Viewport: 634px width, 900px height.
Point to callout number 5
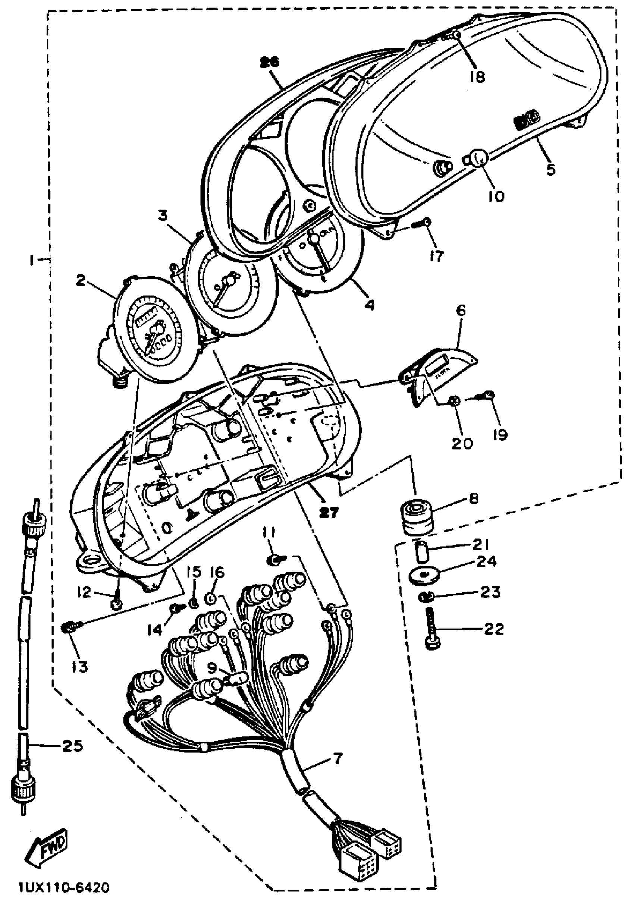coord(550,169)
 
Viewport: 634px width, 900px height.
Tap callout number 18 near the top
coord(477,76)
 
